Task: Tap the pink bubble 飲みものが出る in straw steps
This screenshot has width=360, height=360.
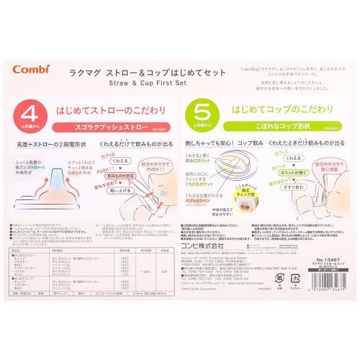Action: [121, 175]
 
